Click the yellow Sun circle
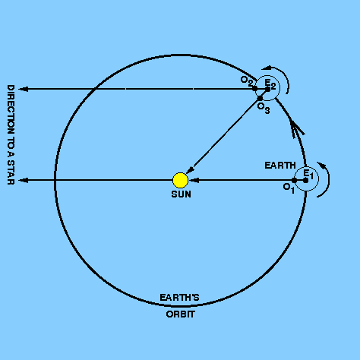[180, 180]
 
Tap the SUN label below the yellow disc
[181, 194]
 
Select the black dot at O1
[294, 180]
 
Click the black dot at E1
[305, 180]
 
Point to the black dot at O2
[254, 89]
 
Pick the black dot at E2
[267, 89]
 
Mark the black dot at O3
[260, 98]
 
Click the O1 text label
[289, 188]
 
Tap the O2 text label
[246, 81]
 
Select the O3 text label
[264, 108]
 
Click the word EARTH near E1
[280, 166]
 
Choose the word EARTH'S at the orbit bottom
[179, 297]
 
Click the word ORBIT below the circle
[181, 314]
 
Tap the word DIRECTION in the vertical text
[11, 109]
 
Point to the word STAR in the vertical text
[11, 172]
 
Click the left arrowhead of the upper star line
[24, 89]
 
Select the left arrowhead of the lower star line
[24, 180]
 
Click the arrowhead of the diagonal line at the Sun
[190, 170]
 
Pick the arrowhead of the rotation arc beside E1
[322, 165]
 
